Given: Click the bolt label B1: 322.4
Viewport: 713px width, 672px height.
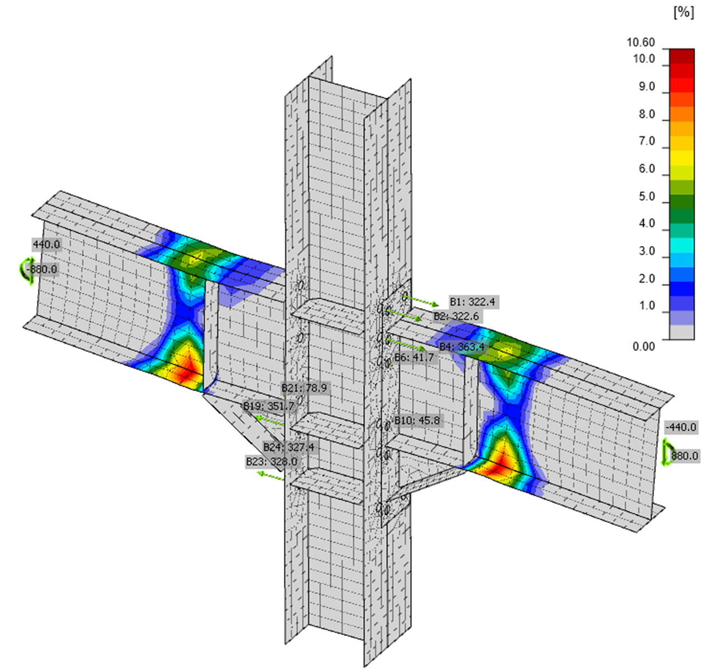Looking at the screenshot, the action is [473, 302].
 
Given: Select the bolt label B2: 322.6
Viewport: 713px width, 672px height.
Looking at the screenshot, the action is [456, 316].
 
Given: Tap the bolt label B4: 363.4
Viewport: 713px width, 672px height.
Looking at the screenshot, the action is [462, 347].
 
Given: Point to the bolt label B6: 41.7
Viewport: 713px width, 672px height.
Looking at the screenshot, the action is [414, 357].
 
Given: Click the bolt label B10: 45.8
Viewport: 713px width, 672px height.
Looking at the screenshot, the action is [417, 420].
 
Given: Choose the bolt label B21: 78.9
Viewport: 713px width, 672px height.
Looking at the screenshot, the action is [304, 388].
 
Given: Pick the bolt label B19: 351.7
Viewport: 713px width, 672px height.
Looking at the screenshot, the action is [269, 406].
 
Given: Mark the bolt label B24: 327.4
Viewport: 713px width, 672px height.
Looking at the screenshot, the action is [288, 447].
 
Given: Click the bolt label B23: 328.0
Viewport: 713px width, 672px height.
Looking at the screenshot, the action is [271, 461].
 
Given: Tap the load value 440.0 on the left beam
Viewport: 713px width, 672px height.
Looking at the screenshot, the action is [46, 244].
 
